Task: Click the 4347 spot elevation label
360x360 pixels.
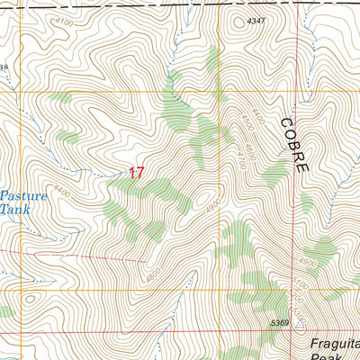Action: click(x=257, y=20)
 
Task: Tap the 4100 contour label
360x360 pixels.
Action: click(x=64, y=20)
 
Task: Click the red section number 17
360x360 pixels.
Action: click(x=135, y=171)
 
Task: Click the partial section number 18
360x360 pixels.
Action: click(x=4, y=67)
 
